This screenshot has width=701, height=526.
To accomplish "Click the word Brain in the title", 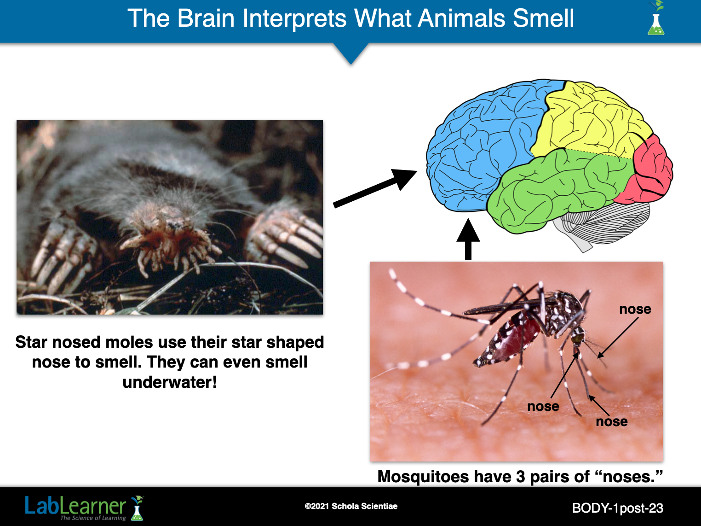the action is point(206,18).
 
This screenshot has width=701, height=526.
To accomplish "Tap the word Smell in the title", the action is point(544,18).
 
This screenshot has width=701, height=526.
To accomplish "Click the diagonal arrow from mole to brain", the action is point(375,189).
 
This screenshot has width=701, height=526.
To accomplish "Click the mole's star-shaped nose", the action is point(169,243).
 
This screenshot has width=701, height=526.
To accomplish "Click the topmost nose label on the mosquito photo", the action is point(635,309).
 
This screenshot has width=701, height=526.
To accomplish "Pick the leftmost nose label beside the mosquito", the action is point(543,406).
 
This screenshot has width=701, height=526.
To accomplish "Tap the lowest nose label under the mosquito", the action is point(612,421).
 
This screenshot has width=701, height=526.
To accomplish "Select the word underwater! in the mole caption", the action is point(170,382).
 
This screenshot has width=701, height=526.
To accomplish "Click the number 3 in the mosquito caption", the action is point(521,477).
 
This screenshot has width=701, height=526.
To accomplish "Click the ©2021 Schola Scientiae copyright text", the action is point(351,506).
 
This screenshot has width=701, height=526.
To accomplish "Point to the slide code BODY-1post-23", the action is point(618,508).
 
